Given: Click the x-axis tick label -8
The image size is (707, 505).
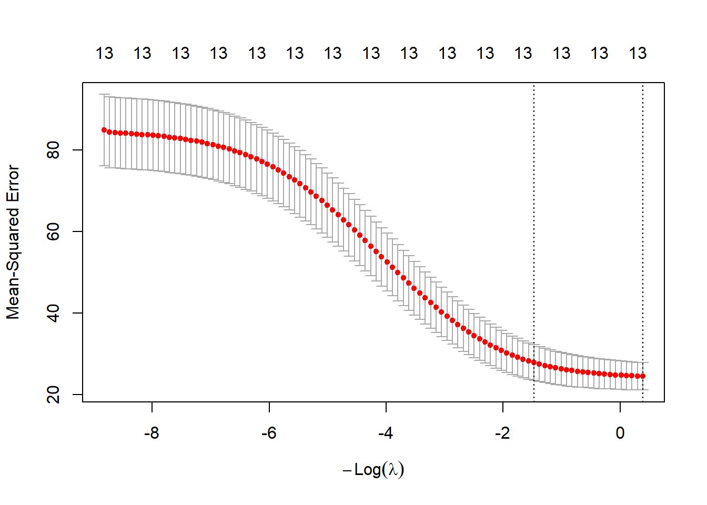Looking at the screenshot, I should coord(151,433).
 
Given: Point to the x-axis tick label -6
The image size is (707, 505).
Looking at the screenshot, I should coord(269,433).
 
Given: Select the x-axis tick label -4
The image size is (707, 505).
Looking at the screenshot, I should coord(386,433).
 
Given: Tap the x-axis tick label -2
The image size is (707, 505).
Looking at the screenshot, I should coord(502,433).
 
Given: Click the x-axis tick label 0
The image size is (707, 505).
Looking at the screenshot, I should coord(620,433).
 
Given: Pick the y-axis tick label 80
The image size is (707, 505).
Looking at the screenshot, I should coord(54,150).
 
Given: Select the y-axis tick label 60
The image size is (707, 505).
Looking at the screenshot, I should coord(54,231).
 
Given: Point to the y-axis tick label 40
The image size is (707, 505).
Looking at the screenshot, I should coord(54,313).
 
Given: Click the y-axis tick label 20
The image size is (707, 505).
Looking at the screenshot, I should coord(54,395).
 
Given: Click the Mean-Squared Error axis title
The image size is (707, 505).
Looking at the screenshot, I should coord(13,242).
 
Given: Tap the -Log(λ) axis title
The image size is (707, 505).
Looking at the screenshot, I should coord(373,469).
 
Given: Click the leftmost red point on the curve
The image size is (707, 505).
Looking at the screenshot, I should coord(104,130).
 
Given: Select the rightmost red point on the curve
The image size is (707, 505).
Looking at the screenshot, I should coord(643,376).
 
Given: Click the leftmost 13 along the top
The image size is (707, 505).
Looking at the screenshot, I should coord(104,53).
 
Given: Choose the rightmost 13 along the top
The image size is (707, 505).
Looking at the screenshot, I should coord(638,53).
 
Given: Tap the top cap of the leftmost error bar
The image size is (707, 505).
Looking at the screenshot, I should coord(104,94).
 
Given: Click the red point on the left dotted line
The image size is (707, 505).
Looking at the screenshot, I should coord(534,362).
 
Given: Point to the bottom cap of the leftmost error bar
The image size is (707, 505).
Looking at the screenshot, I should coord(104,166).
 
